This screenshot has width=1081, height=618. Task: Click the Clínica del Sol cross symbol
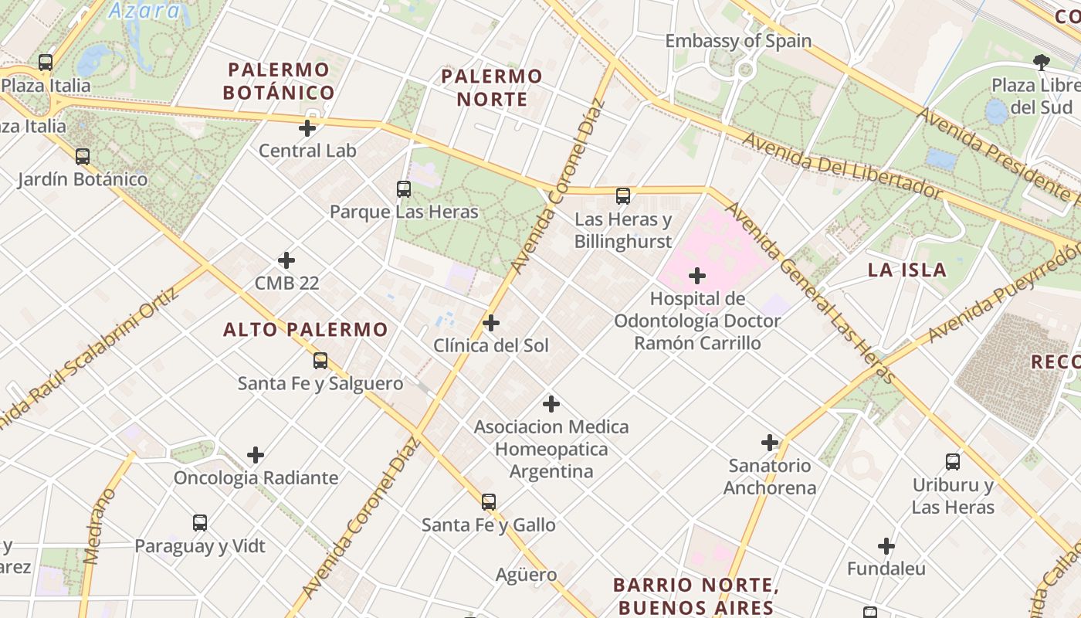point(490,323)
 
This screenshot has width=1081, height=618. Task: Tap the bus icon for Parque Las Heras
point(403,188)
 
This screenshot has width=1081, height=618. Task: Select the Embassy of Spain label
point(737,41)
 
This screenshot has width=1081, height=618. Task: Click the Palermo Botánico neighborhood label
point(279,81)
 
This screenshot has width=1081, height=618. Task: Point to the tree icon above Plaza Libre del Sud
point(1042,63)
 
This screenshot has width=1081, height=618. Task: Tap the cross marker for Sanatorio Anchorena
point(769,443)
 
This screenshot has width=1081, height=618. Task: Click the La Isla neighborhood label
point(906,270)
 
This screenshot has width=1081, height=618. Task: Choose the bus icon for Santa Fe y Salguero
point(320,360)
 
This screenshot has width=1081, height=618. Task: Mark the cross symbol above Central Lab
point(307,128)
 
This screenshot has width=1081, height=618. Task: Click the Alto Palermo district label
point(305,330)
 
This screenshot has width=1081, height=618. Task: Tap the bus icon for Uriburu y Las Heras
point(953,462)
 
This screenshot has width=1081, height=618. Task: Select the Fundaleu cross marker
point(886,546)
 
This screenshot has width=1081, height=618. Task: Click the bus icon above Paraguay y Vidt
point(200,523)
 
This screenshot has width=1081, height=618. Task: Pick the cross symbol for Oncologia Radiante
point(255,455)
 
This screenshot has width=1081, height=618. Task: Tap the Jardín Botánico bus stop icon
point(82,156)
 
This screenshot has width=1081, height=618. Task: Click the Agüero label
point(526,575)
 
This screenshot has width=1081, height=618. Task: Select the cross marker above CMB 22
point(286,260)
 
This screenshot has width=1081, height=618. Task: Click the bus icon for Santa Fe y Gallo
point(488,502)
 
